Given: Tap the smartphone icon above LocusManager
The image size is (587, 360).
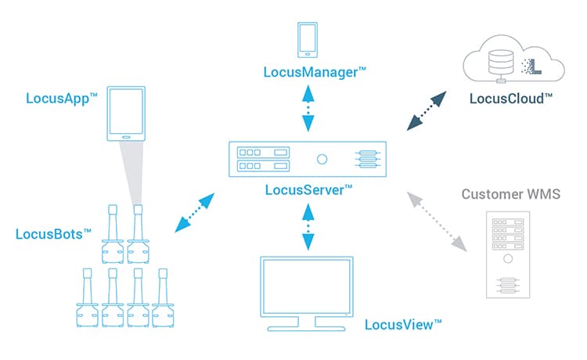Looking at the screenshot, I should [308, 40].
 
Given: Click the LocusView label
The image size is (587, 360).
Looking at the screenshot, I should [402, 323].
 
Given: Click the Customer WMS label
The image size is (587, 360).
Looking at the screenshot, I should [511, 193].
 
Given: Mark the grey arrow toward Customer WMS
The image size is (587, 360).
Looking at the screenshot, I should [438, 223].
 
